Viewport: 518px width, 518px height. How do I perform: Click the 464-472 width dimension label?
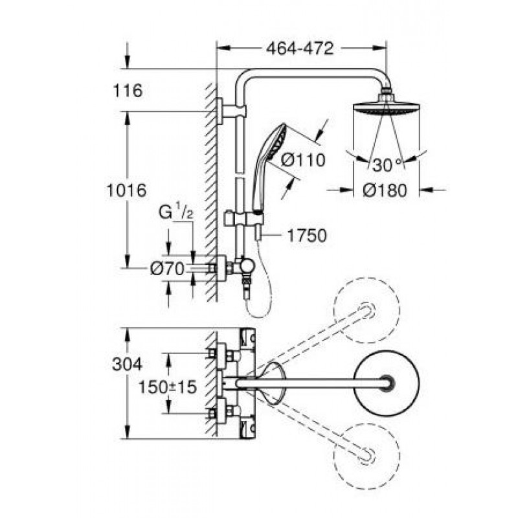coord(300,49)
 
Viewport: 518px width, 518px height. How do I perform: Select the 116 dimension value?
coord(128,91)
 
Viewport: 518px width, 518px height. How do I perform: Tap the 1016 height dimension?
coord(126,190)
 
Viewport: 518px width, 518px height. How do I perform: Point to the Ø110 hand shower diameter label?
coord(303,160)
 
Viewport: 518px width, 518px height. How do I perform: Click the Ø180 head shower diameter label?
coord(385,190)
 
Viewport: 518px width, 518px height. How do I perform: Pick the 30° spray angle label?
coord(387,165)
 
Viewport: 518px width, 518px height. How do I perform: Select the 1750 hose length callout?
coord(307,236)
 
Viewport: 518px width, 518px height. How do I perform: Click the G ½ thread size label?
coord(175,212)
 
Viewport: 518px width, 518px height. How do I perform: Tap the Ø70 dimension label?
coord(167,269)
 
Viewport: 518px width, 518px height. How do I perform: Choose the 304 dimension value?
coord(127,365)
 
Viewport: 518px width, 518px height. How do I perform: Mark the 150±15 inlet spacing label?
coord(168,387)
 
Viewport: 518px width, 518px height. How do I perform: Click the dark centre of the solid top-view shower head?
coord(387,383)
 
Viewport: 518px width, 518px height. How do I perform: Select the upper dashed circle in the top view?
coord(366,310)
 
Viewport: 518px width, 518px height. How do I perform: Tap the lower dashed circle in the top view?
coord(366,456)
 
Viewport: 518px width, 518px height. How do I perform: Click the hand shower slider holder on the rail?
coord(244,219)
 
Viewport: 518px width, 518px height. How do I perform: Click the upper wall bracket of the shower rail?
coord(231,111)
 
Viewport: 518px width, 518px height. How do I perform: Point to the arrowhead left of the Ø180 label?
coord(346,190)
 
